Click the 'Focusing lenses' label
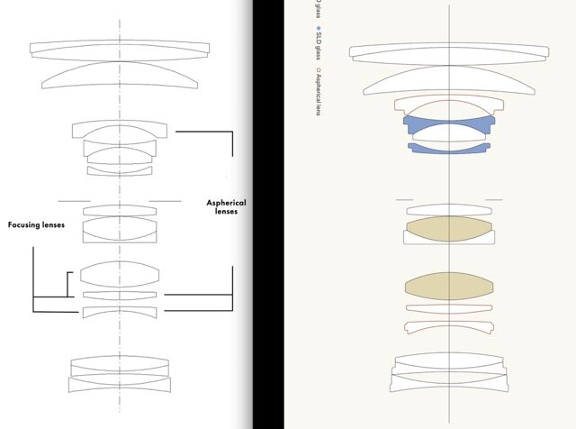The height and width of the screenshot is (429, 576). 36,224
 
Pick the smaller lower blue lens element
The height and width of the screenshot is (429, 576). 448,147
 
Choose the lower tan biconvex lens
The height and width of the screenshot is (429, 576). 448,287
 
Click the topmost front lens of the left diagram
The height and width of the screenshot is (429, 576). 120,48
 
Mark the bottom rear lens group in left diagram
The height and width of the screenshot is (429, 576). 119,373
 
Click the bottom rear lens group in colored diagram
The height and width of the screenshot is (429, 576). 447,371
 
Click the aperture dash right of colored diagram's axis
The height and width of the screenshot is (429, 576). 493,200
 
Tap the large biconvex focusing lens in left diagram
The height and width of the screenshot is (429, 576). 120,273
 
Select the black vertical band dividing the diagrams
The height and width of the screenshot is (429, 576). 267,214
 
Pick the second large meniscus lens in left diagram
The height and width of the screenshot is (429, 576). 119,77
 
